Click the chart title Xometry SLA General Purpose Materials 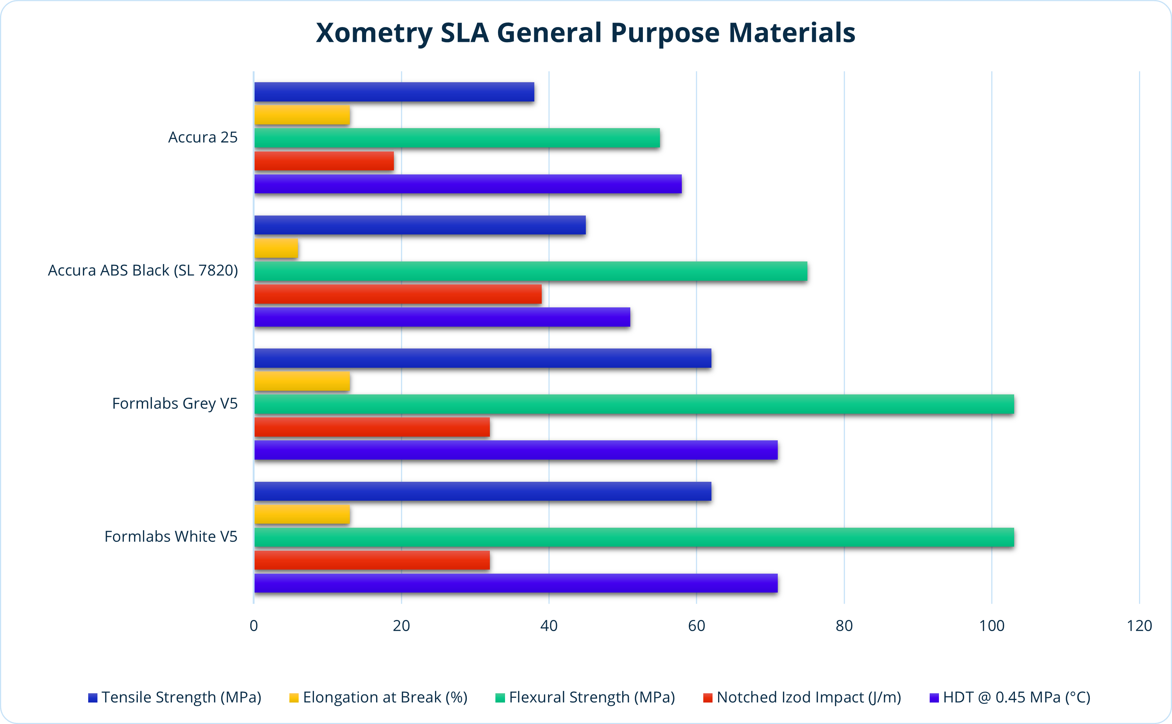click(x=585, y=33)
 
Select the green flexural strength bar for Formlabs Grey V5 click(x=634, y=404)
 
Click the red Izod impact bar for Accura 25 click(x=324, y=161)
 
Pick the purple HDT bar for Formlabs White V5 click(x=515, y=583)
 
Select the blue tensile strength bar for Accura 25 click(x=394, y=92)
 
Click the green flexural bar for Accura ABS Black click(x=530, y=271)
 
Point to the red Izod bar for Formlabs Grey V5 click(x=372, y=427)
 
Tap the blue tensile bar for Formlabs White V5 click(x=482, y=491)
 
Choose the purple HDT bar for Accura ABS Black click(x=442, y=317)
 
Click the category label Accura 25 click(x=203, y=137)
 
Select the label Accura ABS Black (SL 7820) click(x=143, y=271)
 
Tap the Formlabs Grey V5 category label click(x=175, y=404)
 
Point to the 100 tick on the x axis click(x=992, y=626)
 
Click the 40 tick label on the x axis click(x=549, y=626)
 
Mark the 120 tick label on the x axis click(x=1139, y=626)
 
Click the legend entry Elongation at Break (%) click(x=385, y=697)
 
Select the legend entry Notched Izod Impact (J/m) click(x=809, y=697)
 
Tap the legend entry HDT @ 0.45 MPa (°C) click(x=1016, y=697)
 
